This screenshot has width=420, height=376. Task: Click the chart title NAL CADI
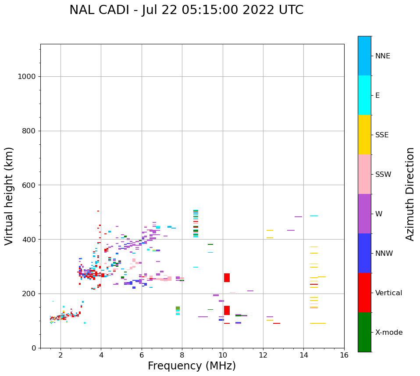point(186,10)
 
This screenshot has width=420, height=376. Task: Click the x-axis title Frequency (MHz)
point(192,366)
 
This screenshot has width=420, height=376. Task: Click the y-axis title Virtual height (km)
point(9,196)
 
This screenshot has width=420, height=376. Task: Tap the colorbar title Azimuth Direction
point(410,194)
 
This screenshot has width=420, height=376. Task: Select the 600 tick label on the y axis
point(29,185)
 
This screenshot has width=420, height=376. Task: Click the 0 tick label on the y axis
point(34,348)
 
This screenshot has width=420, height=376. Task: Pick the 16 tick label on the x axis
point(344,355)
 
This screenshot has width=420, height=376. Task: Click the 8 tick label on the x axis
point(182,355)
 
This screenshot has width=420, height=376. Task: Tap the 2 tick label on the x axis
point(61,355)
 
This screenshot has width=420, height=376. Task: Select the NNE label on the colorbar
point(382,56)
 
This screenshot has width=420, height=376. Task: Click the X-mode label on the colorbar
point(388,333)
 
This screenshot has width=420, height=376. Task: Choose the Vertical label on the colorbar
point(388,293)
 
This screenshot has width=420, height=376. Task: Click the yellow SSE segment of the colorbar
point(364,135)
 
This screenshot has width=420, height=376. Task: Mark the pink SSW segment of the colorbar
point(364,174)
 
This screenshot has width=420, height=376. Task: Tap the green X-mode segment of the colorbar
point(364,332)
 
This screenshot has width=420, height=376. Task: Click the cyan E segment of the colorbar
point(364,95)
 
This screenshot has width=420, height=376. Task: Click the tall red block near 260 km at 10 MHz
point(227,278)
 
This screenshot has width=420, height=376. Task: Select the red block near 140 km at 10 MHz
point(227,310)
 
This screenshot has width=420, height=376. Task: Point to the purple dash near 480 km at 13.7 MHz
point(298,217)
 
